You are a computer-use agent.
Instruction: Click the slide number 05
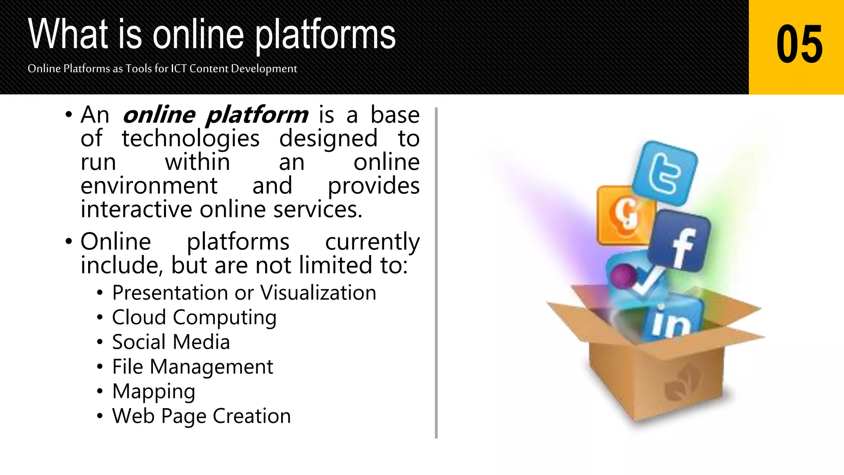(799, 44)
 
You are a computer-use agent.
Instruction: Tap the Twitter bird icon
(665, 174)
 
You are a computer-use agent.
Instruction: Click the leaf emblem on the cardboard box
(682, 383)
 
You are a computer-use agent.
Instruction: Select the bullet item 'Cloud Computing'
(194, 317)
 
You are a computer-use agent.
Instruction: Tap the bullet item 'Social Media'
(171, 342)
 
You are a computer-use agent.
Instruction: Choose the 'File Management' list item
(192, 367)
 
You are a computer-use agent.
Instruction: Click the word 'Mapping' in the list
(154, 392)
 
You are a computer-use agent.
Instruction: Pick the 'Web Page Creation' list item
(202, 416)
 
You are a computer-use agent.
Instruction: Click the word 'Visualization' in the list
(318, 293)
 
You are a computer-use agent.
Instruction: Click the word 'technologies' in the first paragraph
(190, 139)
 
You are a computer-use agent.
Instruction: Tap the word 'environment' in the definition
(149, 186)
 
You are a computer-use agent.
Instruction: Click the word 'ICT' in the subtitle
(179, 68)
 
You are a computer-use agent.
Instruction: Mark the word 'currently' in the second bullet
(372, 242)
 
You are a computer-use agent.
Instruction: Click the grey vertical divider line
(436, 272)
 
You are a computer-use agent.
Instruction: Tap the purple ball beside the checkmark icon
(623, 275)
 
